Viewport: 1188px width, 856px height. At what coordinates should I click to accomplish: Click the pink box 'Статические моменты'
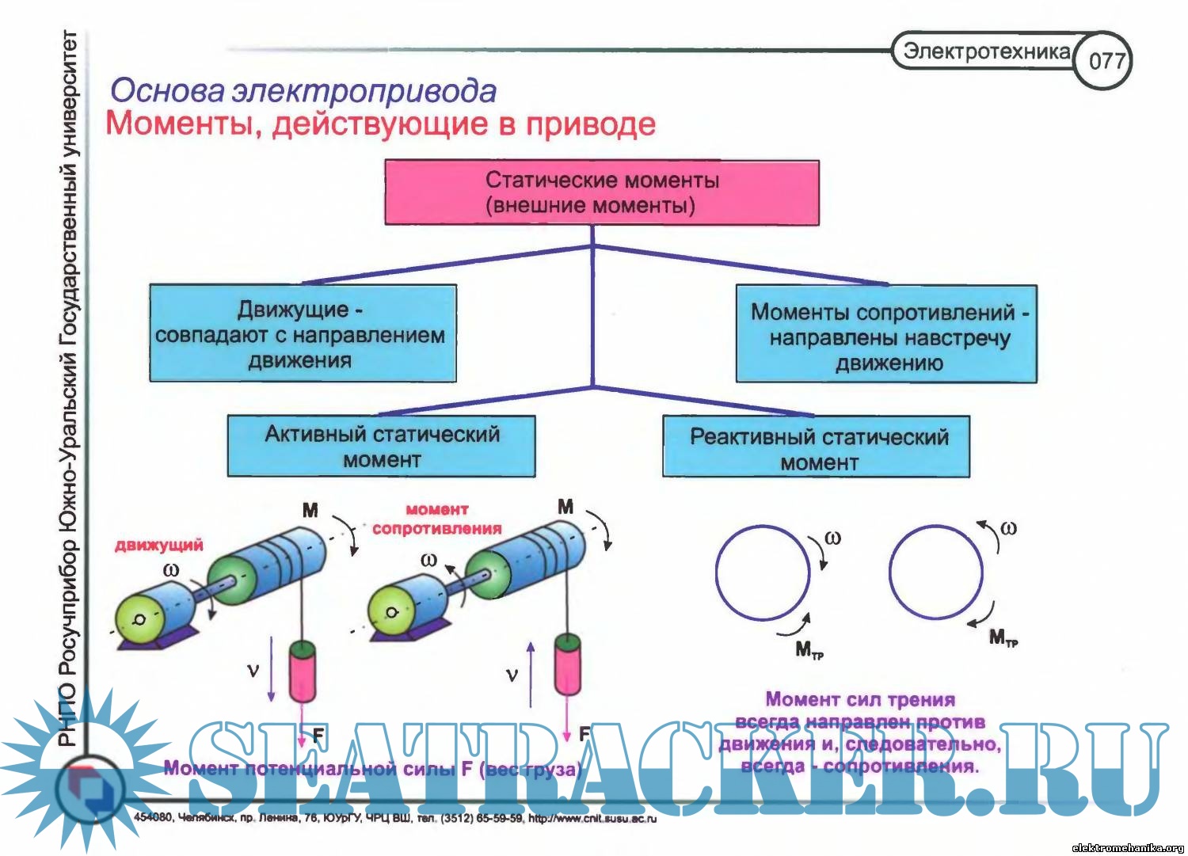click(601, 192)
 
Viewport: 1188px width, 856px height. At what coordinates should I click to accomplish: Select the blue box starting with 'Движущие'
click(302, 333)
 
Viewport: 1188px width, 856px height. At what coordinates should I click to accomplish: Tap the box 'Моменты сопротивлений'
click(886, 335)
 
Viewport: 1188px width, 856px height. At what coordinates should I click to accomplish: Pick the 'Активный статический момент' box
click(381, 446)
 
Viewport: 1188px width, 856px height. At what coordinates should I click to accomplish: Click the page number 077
click(1106, 60)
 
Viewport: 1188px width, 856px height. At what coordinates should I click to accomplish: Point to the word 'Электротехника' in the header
click(985, 51)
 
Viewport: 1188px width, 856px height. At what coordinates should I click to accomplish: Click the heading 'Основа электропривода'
click(303, 91)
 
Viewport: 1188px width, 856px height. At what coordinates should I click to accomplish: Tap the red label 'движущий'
click(158, 545)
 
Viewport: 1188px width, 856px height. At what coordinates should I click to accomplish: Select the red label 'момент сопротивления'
click(436, 519)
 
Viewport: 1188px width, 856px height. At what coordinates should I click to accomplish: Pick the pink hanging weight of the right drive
click(567, 664)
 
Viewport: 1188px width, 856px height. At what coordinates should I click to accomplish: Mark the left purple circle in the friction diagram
click(762, 572)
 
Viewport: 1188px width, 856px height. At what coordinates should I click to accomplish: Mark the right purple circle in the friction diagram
click(935, 572)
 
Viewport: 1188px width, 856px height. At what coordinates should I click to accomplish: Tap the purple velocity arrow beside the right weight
click(531, 673)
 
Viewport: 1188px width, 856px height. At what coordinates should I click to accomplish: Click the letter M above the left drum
click(310, 510)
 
